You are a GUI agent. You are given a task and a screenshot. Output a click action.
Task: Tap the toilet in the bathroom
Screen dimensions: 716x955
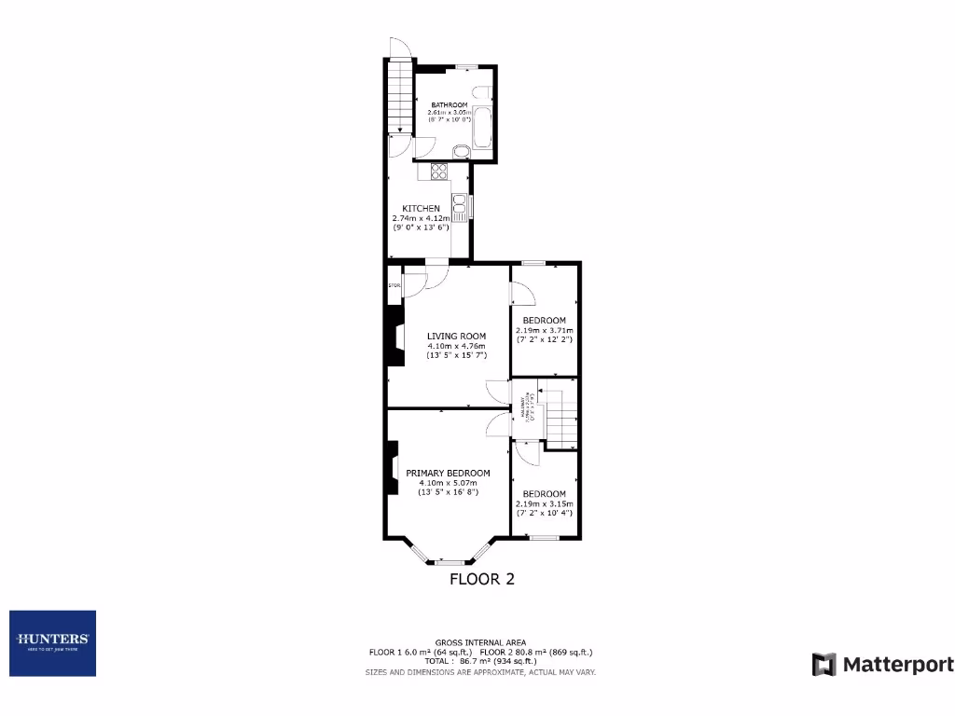482,91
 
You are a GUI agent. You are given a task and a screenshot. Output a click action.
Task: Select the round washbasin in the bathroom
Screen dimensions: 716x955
462,152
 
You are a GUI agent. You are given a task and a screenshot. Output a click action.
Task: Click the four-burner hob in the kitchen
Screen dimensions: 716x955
439,171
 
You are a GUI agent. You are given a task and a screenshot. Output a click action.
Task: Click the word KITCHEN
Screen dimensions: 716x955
421,208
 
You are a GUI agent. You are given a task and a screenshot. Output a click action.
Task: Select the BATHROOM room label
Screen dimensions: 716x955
449,104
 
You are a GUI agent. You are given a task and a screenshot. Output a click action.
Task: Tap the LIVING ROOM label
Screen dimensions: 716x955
457,337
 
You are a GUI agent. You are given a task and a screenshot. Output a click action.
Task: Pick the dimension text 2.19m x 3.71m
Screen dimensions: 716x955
545,330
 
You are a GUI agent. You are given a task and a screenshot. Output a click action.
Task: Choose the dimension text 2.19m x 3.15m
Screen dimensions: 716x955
545,503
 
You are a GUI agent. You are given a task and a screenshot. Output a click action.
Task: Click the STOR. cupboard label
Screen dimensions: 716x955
394,285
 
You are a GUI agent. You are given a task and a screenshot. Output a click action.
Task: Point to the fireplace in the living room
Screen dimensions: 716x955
395,339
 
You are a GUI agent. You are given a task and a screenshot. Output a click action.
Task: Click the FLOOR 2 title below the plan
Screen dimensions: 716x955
482,579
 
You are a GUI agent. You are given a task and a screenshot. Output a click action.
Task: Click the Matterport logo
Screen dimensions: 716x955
882,665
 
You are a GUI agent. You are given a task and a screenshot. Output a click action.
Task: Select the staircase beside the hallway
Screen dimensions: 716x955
561,418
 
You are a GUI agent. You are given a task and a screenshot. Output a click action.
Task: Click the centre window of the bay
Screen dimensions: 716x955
451,561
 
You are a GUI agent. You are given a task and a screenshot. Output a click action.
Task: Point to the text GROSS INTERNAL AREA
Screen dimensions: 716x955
480,642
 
